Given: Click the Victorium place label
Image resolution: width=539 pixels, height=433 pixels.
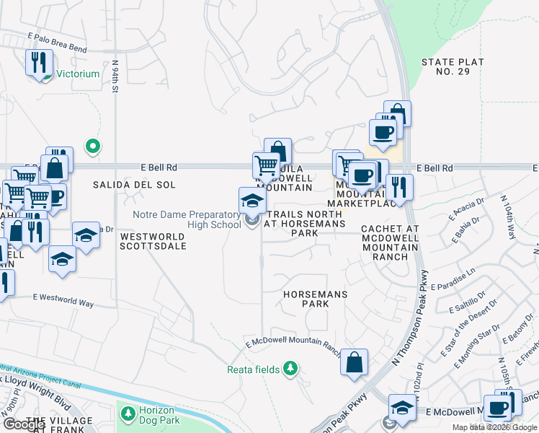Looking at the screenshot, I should pos(78,74).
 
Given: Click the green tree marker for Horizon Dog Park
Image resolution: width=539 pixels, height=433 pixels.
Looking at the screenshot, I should pos(128,414).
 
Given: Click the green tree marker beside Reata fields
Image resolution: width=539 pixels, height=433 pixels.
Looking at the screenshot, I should pos(290,369).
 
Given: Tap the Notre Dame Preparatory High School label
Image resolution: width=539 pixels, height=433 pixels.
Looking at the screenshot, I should pos(187,219).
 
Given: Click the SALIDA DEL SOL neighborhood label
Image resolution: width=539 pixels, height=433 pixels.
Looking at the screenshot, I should pos(134,185).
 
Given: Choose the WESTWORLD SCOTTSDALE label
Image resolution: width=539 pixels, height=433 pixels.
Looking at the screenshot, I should pos(153,241).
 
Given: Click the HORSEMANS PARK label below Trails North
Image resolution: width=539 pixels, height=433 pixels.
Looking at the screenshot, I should pos(316,299).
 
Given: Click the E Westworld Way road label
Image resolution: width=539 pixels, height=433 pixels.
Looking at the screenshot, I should pos(63,300).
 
